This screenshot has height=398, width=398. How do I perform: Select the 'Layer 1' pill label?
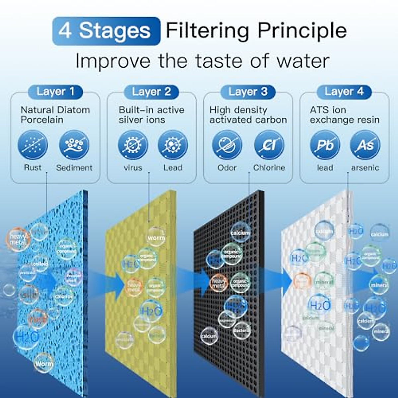(55, 92)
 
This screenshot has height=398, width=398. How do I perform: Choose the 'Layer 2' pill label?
(151, 92)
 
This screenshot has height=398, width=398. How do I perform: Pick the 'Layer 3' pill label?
(248, 92)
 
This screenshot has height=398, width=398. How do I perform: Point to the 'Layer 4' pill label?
(344, 92)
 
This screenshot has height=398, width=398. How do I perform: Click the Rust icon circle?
(33, 145)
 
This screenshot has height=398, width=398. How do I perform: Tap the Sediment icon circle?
(74, 145)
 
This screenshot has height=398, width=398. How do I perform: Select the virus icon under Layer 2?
(133, 145)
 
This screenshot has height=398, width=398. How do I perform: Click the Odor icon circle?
(227, 145)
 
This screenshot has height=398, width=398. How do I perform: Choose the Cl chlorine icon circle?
(269, 145)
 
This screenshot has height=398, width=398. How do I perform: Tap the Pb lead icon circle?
(325, 145)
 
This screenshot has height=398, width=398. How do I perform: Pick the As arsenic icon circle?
(365, 145)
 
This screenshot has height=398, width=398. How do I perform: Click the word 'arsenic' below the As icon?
(365, 168)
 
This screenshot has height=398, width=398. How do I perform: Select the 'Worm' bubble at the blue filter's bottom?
(44, 363)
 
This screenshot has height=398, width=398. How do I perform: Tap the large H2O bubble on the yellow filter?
(151, 311)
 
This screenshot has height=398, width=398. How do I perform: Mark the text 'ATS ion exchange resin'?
(344, 115)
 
